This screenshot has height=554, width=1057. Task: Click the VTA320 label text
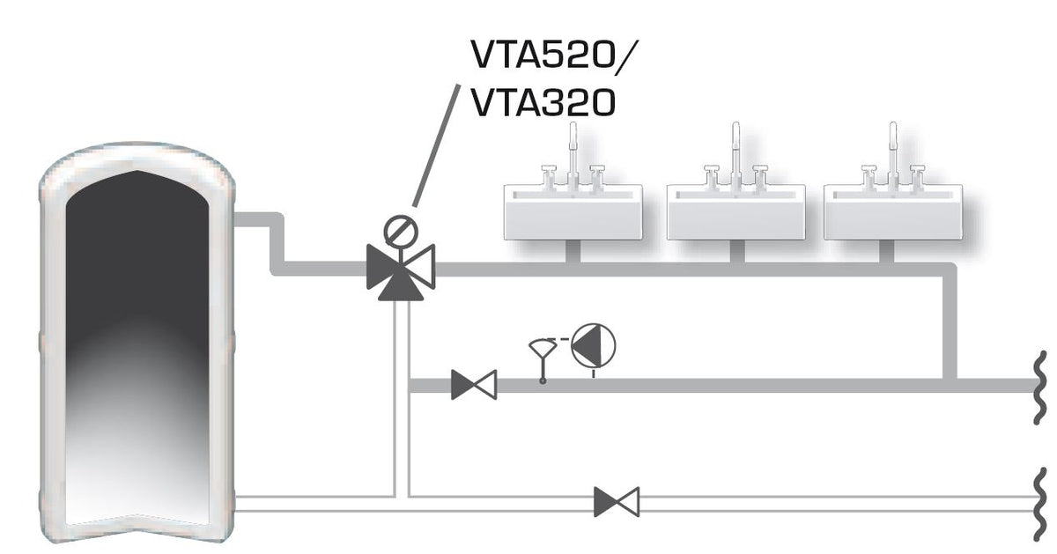click(542, 104)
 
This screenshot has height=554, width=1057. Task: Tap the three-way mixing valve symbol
click(401, 267)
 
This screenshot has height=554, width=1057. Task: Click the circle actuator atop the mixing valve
click(400, 232)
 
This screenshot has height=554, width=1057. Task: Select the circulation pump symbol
click(592, 344)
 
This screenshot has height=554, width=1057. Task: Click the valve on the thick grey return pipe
click(473, 385)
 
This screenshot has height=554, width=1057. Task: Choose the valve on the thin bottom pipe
click(617, 502)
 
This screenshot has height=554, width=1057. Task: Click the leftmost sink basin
click(573, 211)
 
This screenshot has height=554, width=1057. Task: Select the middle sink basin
click(736, 211)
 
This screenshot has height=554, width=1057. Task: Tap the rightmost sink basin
click(893, 211)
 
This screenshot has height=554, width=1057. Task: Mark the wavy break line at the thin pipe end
click(1040, 503)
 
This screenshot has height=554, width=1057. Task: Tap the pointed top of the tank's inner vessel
click(137, 175)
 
